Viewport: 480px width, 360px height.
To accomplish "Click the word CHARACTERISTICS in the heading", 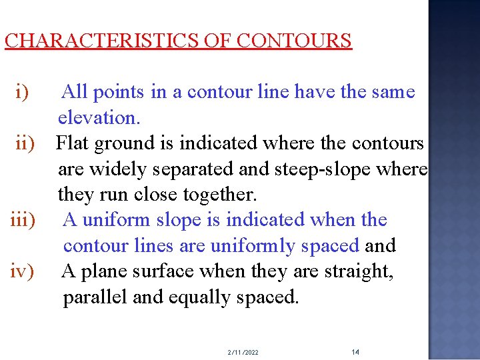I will (100, 41).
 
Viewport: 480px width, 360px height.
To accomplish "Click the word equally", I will (197, 297).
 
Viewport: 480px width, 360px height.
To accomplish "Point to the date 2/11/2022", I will (243, 352).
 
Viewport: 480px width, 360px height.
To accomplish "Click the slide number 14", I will (355, 351).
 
